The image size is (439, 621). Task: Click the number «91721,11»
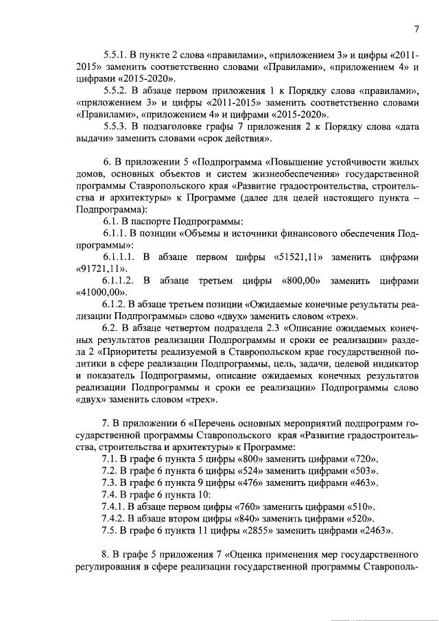point(102,269)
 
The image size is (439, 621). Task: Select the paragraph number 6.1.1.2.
point(121,281)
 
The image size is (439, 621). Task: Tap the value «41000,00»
point(102,293)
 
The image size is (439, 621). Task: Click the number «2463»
point(373,530)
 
